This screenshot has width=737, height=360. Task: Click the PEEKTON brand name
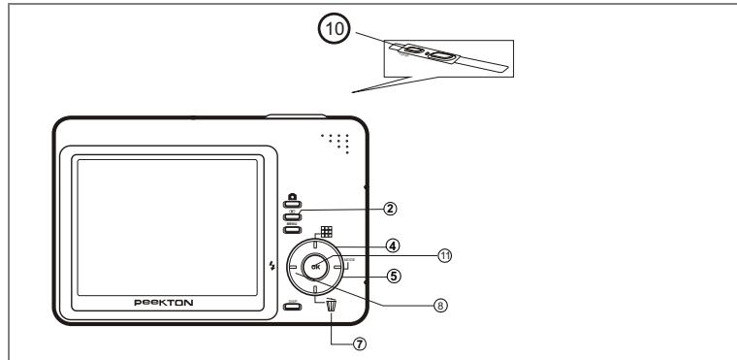click(x=163, y=302)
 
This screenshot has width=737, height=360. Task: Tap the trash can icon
click(x=332, y=306)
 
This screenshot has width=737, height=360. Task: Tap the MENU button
click(x=292, y=230)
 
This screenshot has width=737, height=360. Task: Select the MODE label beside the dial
click(x=348, y=260)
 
